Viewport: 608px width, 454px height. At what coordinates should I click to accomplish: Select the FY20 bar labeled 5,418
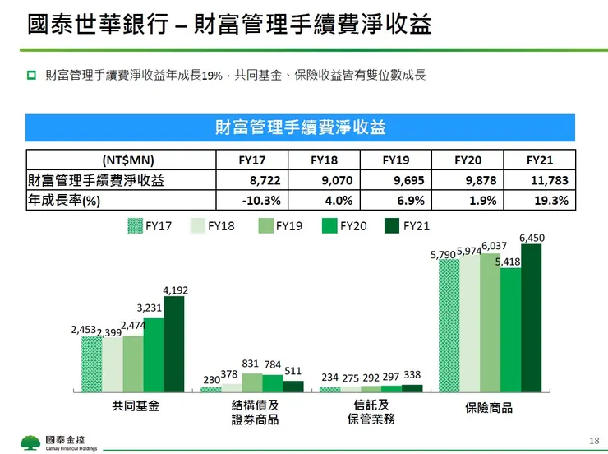[x=510, y=329]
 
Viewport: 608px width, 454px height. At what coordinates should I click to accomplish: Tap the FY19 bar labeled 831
[x=251, y=382]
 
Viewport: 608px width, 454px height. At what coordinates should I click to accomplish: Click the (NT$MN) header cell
[x=121, y=160]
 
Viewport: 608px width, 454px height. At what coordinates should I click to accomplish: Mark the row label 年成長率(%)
[x=64, y=200]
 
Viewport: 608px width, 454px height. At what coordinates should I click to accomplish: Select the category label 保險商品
[x=488, y=407]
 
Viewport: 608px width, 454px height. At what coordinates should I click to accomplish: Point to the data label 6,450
[x=532, y=239]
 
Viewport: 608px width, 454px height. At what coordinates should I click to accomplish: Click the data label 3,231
[x=150, y=308]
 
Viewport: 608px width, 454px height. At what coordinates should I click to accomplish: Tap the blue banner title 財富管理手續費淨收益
[x=300, y=128]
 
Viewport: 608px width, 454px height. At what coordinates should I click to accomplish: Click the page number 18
[x=594, y=442]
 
